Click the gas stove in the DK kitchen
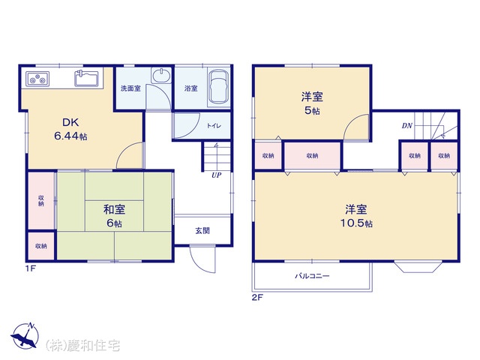(x=37, y=79)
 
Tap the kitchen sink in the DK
(x=87, y=78)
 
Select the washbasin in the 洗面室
(x=162, y=75)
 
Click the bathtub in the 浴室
(x=218, y=87)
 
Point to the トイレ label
(x=214, y=125)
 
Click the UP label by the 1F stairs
(x=217, y=175)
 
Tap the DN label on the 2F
(x=406, y=125)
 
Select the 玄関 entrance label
(x=202, y=230)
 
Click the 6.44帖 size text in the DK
(x=70, y=136)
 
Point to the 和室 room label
(x=114, y=210)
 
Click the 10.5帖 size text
(x=356, y=223)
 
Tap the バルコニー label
(x=312, y=276)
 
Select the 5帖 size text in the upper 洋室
(x=312, y=110)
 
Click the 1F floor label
(x=31, y=268)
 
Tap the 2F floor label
(x=257, y=297)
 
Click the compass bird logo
(x=25, y=336)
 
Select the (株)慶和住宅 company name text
(x=82, y=345)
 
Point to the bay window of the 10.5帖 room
(x=418, y=266)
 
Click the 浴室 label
(x=190, y=88)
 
